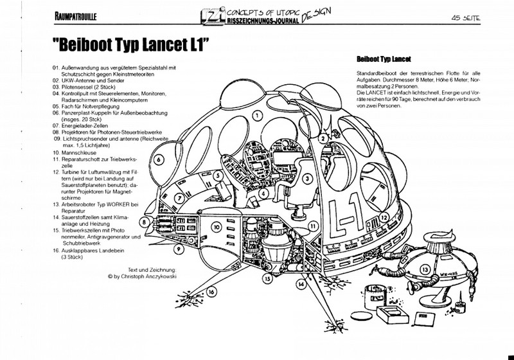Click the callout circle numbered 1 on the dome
[x=256, y=116]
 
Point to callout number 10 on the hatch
[x=217, y=228]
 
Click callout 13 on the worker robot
[x=425, y=269]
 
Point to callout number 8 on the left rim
[x=146, y=222]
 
